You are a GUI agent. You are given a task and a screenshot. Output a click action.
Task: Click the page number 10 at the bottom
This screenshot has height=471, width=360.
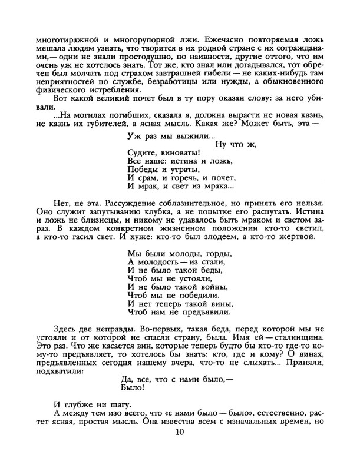pos(180,434)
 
